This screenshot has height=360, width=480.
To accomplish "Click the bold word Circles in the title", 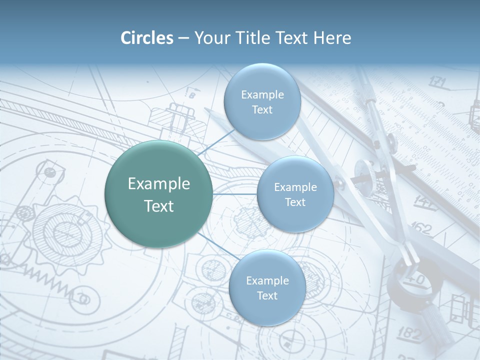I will click(146, 38).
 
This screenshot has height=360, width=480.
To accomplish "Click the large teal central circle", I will click(158, 194).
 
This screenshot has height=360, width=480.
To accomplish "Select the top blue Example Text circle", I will click(262, 101).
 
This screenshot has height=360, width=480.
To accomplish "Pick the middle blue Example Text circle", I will click(295, 194).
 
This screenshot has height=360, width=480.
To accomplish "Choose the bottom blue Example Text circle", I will click(267, 287).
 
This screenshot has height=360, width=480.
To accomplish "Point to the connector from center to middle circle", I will click(235, 194).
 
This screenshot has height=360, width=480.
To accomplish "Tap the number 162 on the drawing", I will click(421, 229).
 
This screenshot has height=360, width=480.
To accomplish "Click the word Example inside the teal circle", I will click(158, 184).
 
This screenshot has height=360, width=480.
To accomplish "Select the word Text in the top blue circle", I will click(262, 109).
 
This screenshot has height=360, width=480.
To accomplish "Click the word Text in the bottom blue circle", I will click(267, 295).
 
